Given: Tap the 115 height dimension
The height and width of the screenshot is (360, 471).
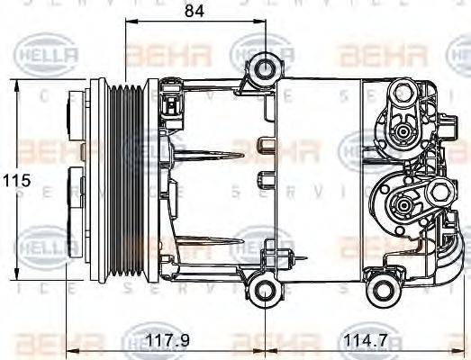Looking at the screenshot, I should [x=16, y=180].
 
